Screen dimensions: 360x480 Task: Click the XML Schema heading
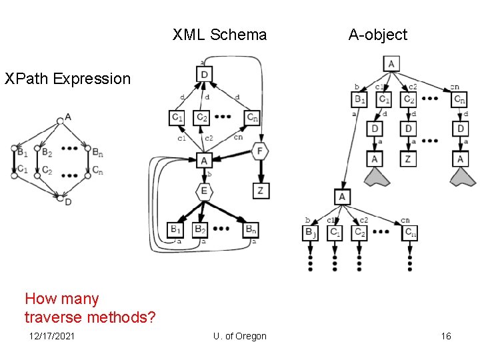pyautogui.click(x=219, y=35)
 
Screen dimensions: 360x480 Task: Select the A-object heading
pyautogui.click(x=377, y=35)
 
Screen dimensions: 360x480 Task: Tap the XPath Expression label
pyautogui.click(x=67, y=79)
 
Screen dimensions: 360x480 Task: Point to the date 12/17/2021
pyautogui.click(x=52, y=336)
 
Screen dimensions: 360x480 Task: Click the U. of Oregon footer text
pyautogui.click(x=240, y=336)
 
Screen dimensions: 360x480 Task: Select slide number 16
pyautogui.click(x=446, y=336)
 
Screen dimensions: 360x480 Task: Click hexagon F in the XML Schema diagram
pyautogui.click(x=260, y=151)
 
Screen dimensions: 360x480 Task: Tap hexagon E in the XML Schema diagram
pyautogui.click(x=204, y=191)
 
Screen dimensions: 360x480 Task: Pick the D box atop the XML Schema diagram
pyautogui.click(x=204, y=74)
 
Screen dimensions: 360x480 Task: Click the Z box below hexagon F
pyautogui.click(x=260, y=191)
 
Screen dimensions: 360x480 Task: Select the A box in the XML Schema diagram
pyautogui.click(x=204, y=161)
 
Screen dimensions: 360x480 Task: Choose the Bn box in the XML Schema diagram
pyautogui.click(x=249, y=230)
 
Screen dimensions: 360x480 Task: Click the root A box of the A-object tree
pyautogui.click(x=391, y=64)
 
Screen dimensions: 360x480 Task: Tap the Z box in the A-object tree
pyautogui.click(x=409, y=159)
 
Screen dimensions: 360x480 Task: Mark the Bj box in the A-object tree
pyautogui.click(x=311, y=233)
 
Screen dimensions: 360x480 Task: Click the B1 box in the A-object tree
pyautogui.click(x=359, y=99)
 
